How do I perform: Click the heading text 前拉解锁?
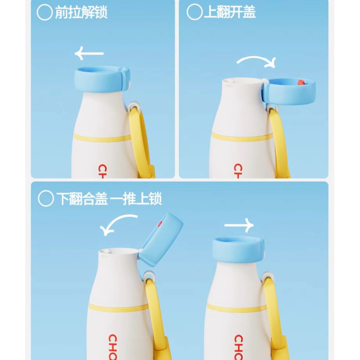pos(81,13)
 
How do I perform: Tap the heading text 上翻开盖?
pos(229,12)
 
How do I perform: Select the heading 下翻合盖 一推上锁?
pos(109,199)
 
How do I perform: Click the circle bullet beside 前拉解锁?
pos(45,13)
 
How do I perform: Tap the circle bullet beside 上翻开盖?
pos(194,12)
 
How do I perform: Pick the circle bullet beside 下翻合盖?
pos(46,199)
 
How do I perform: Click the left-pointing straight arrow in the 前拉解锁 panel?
pos(89,54)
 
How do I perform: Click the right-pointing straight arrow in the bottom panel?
pos(239,225)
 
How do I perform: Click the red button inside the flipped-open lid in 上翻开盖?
pos(301,82)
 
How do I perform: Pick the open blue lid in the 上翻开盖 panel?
pos(289,91)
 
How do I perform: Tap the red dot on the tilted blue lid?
pos(159,224)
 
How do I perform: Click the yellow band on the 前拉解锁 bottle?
pos(103,138)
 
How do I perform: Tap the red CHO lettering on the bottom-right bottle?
pos(239,347)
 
